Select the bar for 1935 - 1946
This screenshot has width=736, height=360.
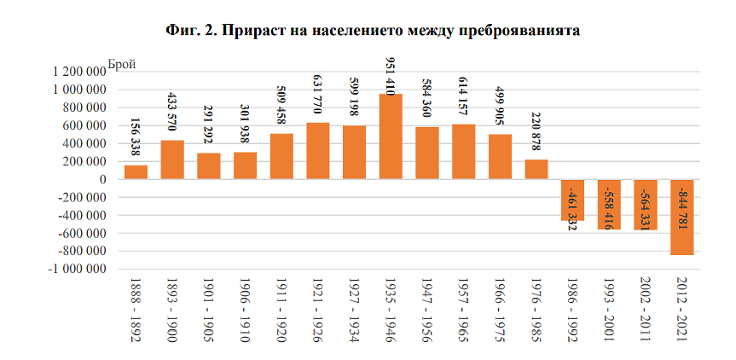(391, 136)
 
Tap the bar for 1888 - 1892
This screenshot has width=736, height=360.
(136, 171)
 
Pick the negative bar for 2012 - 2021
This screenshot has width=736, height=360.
(683, 217)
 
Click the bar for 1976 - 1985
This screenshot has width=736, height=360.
(536, 169)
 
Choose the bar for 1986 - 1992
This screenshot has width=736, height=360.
(573, 200)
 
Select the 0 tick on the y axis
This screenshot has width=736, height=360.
(101, 179)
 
